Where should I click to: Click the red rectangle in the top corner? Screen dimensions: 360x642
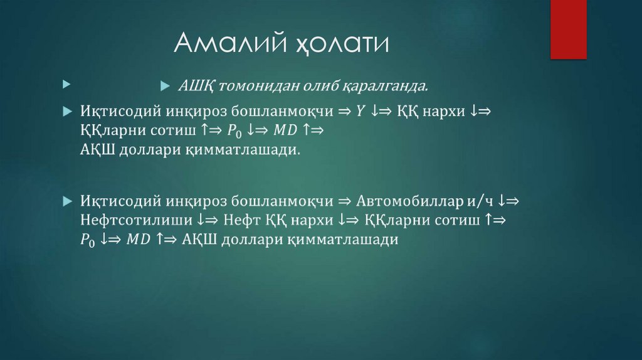(x=568, y=29)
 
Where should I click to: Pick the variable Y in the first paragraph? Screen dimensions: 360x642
(x=360, y=110)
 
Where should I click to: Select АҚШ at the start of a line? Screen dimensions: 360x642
(x=97, y=150)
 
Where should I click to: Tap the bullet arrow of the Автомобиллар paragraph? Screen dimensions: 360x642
(x=68, y=202)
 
